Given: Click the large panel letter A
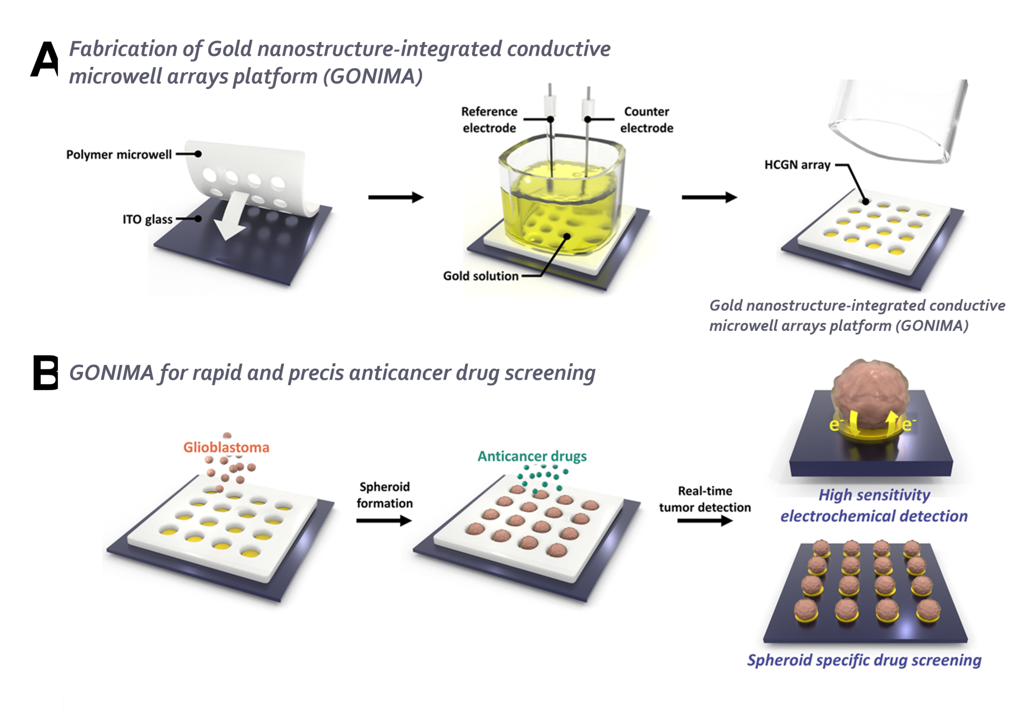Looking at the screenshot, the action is pos(45,59).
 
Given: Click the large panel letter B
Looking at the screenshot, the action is pos(45,372).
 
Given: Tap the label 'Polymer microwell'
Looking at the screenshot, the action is pos(119,154).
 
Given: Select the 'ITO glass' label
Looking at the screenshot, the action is pos(148,219).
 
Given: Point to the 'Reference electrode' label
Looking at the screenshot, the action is pos(489,120).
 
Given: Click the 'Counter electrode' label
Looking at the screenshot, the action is pos(646,120).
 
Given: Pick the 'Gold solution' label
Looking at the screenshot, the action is pos(480,276).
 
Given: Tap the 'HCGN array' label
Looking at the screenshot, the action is pos(797,165).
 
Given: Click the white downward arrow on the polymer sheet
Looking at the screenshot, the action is pos(231,216).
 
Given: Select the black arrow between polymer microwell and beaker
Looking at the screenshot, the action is pos(396,197).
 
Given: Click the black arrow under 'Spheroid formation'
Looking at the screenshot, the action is pos(384,520).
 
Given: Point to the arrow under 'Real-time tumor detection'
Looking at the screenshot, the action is pos(705,520).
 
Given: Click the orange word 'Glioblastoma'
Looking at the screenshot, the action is pos(226,447).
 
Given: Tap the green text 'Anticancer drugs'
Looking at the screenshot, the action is pos(532,456).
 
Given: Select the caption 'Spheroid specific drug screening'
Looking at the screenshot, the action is pos(864,660).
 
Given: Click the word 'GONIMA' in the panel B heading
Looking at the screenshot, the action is pos(111,373).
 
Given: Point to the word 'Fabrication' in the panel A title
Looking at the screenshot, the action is pos(123,50).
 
